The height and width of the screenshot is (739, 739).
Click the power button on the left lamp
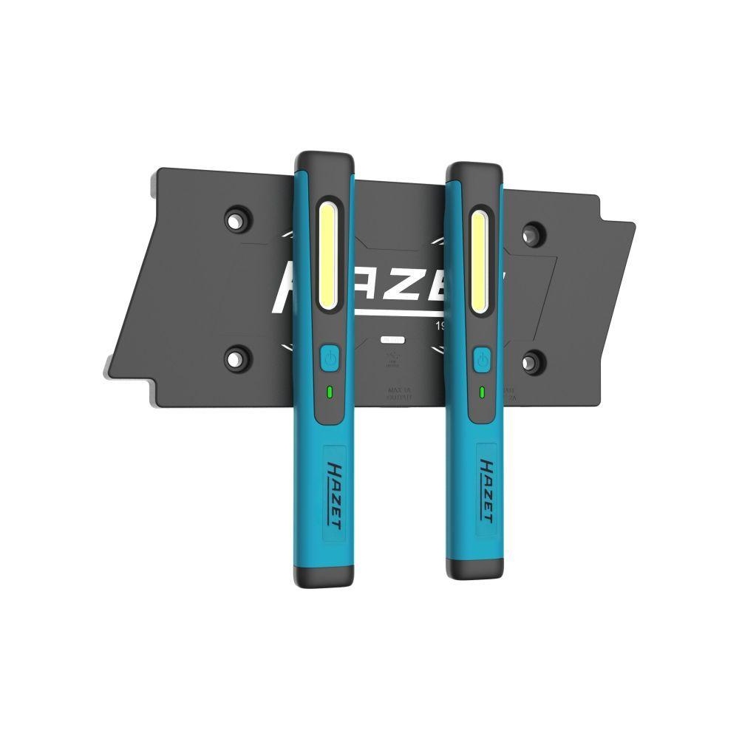[330, 359]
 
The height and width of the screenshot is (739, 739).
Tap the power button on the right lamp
[482, 360]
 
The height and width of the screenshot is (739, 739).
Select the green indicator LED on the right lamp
[482, 392]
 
